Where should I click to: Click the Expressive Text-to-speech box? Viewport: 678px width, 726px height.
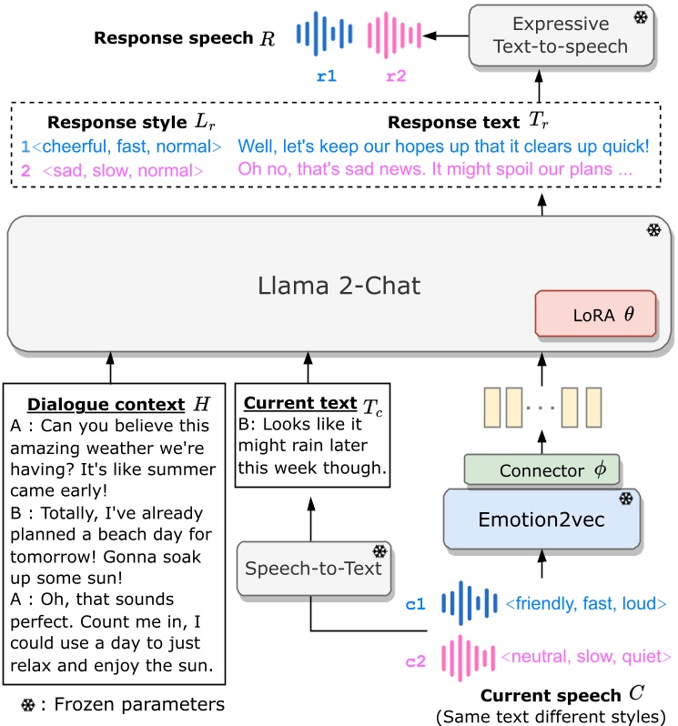[x=562, y=35]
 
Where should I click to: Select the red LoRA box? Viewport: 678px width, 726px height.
[x=595, y=314]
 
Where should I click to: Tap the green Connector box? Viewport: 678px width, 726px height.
[x=541, y=469]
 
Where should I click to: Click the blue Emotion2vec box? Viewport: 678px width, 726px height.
[x=541, y=519]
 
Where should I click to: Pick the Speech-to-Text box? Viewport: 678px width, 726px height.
[x=314, y=568]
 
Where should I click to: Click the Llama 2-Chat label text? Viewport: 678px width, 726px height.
[x=339, y=286]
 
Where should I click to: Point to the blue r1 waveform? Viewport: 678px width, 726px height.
[x=324, y=34]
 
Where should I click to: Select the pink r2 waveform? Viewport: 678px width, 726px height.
[x=394, y=35]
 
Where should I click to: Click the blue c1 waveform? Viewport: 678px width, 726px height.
[x=469, y=603]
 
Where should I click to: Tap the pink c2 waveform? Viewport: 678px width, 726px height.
[x=468, y=658]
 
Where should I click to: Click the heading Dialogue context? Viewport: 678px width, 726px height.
[x=106, y=404]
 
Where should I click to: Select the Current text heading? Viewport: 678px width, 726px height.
[x=300, y=403]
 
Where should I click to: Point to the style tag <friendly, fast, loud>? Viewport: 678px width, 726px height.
[x=586, y=603]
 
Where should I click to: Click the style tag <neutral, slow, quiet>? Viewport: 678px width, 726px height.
[x=586, y=656]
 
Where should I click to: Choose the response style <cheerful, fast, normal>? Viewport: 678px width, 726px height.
[x=126, y=146]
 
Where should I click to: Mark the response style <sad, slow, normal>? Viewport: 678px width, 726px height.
[x=123, y=171]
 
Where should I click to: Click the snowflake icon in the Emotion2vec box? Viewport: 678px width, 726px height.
[x=626, y=499]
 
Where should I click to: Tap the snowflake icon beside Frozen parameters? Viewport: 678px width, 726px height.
[x=28, y=705]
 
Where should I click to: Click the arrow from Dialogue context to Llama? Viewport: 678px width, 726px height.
[x=110, y=368]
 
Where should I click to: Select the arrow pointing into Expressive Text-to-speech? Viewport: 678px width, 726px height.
[x=539, y=86]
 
